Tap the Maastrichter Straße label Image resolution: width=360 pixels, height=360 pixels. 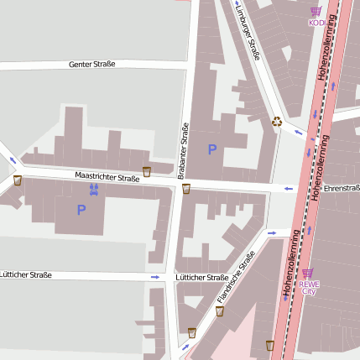[107, 178]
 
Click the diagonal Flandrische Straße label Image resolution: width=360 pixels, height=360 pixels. [235, 279]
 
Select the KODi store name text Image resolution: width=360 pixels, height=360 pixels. [316, 23]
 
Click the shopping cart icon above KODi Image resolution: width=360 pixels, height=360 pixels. [316, 12]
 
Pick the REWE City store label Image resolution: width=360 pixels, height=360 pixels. [309, 287]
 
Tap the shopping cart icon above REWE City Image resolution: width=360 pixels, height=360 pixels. [308, 273]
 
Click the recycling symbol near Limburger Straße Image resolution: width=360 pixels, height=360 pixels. [277, 123]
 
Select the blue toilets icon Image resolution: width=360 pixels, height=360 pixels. [93, 190]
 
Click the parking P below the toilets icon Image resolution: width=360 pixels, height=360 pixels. [81, 210]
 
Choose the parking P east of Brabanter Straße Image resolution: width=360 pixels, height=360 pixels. [212, 149]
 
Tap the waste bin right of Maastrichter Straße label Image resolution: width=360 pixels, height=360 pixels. [147, 171]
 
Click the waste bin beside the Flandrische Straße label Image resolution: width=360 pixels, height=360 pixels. [220, 311]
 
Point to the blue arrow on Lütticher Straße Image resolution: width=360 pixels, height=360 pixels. [154, 277]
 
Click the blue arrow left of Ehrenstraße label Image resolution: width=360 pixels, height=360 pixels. [289, 189]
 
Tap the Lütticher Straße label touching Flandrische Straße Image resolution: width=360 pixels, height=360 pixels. [201, 277]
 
